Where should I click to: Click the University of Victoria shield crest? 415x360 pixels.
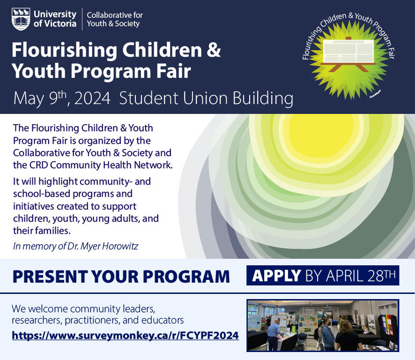pos(21,19)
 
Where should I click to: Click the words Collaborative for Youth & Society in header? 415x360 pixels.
pos(115,19)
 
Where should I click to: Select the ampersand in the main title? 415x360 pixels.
pos(213,50)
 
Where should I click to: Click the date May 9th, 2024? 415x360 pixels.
pos(62,99)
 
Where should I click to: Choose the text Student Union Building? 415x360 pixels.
pos(206,99)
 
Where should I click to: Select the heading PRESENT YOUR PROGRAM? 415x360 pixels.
pos(121,276)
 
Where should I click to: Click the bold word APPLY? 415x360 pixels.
pos(276,276)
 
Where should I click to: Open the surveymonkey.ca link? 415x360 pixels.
pos(125,336)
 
